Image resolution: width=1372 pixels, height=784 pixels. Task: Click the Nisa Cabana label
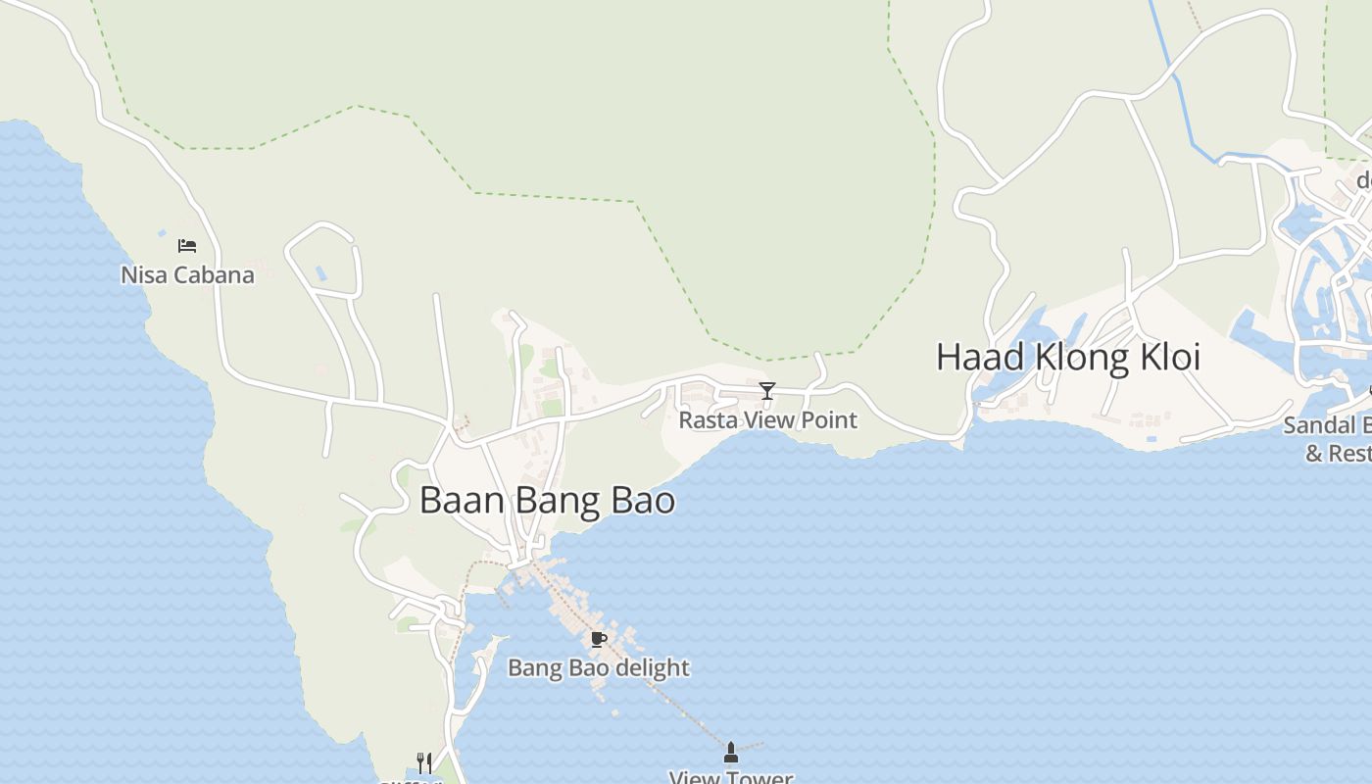coord(187,275)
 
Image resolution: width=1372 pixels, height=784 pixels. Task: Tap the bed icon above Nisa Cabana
coord(187,245)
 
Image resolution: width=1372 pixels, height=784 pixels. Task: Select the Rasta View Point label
coord(767,420)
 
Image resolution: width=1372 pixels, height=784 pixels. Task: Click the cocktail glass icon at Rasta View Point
coord(767,391)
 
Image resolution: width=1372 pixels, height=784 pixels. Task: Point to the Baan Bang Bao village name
coord(547,501)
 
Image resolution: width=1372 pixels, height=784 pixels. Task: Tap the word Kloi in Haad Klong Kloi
coord(1167,357)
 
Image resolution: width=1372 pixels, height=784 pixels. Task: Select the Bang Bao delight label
coord(598,668)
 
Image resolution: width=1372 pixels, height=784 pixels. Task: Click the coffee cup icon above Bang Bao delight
coord(598,640)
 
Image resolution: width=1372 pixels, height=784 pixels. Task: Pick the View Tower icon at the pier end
coord(730,753)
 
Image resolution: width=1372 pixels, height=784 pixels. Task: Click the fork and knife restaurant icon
coord(424,762)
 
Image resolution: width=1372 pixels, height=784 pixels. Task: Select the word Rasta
coord(709,420)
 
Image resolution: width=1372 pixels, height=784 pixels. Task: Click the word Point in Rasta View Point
coord(831,420)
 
